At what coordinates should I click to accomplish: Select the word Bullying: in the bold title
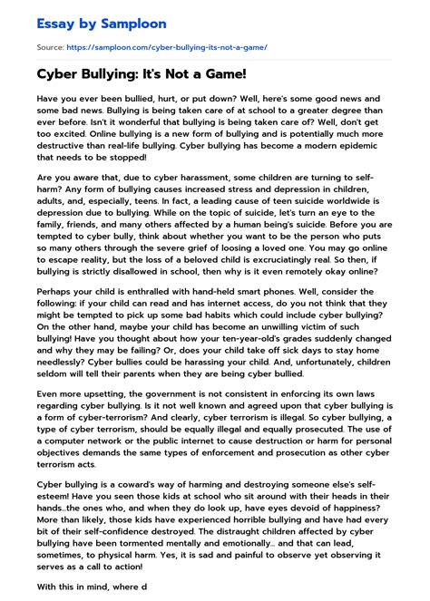pyautogui.click(x=115, y=72)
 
